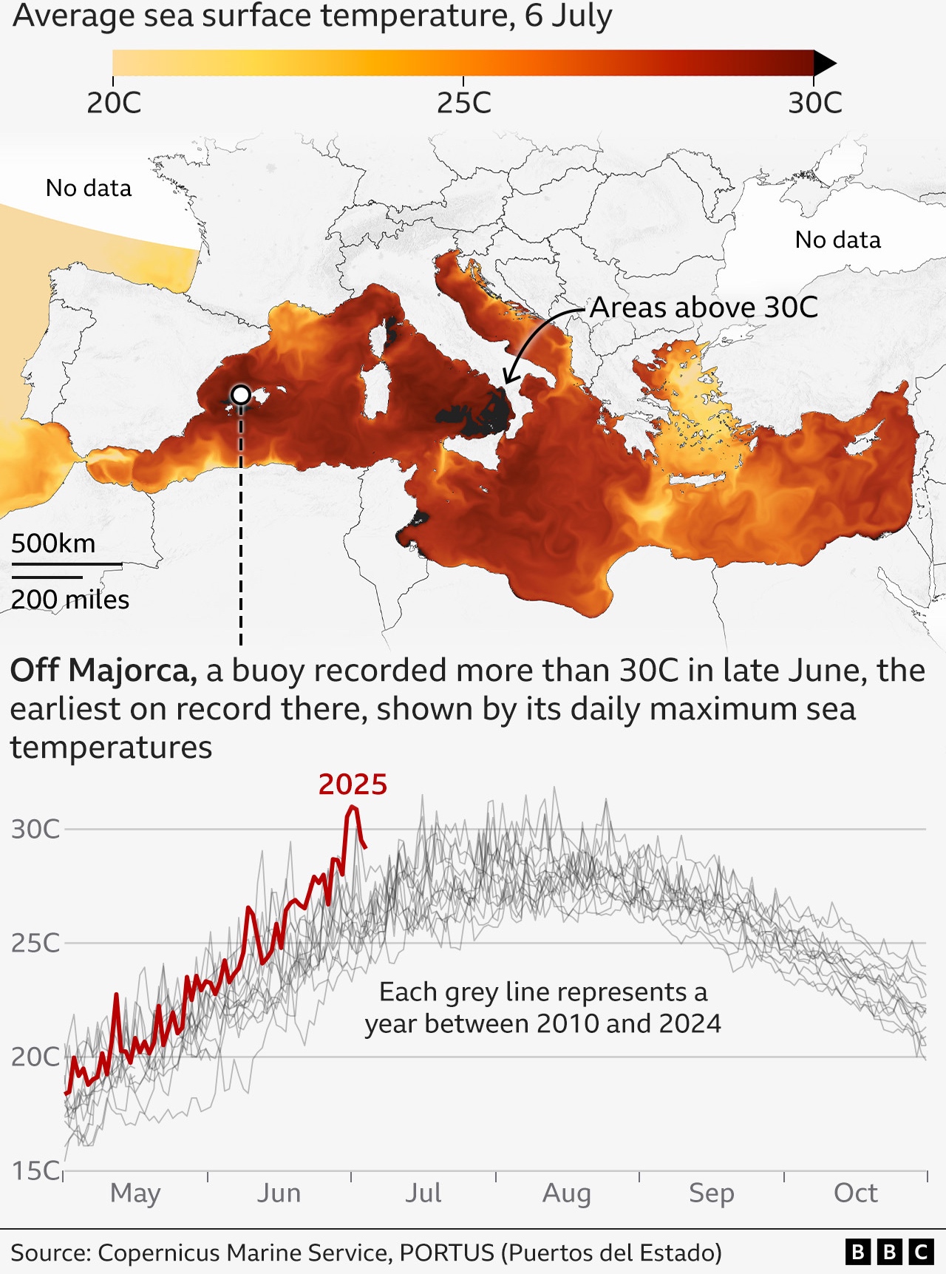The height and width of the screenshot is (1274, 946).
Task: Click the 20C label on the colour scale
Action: pyautogui.click(x=114, y=103)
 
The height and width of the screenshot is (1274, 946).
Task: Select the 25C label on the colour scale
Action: pyautogui.click(x=463, y=103)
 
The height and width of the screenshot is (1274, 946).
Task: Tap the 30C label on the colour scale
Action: pyautogui.click(x=814, y=103)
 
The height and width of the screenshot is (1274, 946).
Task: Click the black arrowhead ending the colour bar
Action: pyautogui.click(x=824, y=64)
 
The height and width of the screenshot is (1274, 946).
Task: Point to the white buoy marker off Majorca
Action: pyautogui.click(x=241, y=395)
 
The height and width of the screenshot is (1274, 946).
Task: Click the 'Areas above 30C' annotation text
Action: pyautogui.click(x=704, y=308)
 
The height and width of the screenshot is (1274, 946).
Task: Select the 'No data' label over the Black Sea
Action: pyautogui.click(x=837, y=240)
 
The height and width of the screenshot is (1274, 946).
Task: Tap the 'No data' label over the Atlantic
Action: pyautogui.click(x=89, y=188)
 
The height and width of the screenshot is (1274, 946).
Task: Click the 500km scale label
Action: pyautogui.click(x=53, y=543)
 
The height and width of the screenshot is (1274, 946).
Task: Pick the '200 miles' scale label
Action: pyautogui.click(x=70, y=600)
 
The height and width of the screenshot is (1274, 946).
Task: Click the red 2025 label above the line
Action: pyautogui.click(x=353, y=785)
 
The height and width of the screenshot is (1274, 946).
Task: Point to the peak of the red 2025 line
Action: pyautogui.click(x=353, y=807)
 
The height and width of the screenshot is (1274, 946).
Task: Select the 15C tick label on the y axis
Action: pyautogui.click(x=35, y=1170)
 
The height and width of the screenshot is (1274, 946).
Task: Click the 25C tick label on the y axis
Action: pyautogui.click(x=35, y=943)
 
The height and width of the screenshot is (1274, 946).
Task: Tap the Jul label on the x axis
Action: pyautogui.click(x=423, y=1193)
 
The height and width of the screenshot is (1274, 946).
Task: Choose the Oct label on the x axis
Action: pyautogui.click(x=856, y=1193)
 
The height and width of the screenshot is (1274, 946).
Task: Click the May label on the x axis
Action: pyautogui.click(x=135, y=1193)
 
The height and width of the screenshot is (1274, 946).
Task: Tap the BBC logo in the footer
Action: pyautogui.click(x=889, y=1252)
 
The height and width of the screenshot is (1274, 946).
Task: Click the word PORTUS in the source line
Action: pyautogui.click(x=446, y=1253)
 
